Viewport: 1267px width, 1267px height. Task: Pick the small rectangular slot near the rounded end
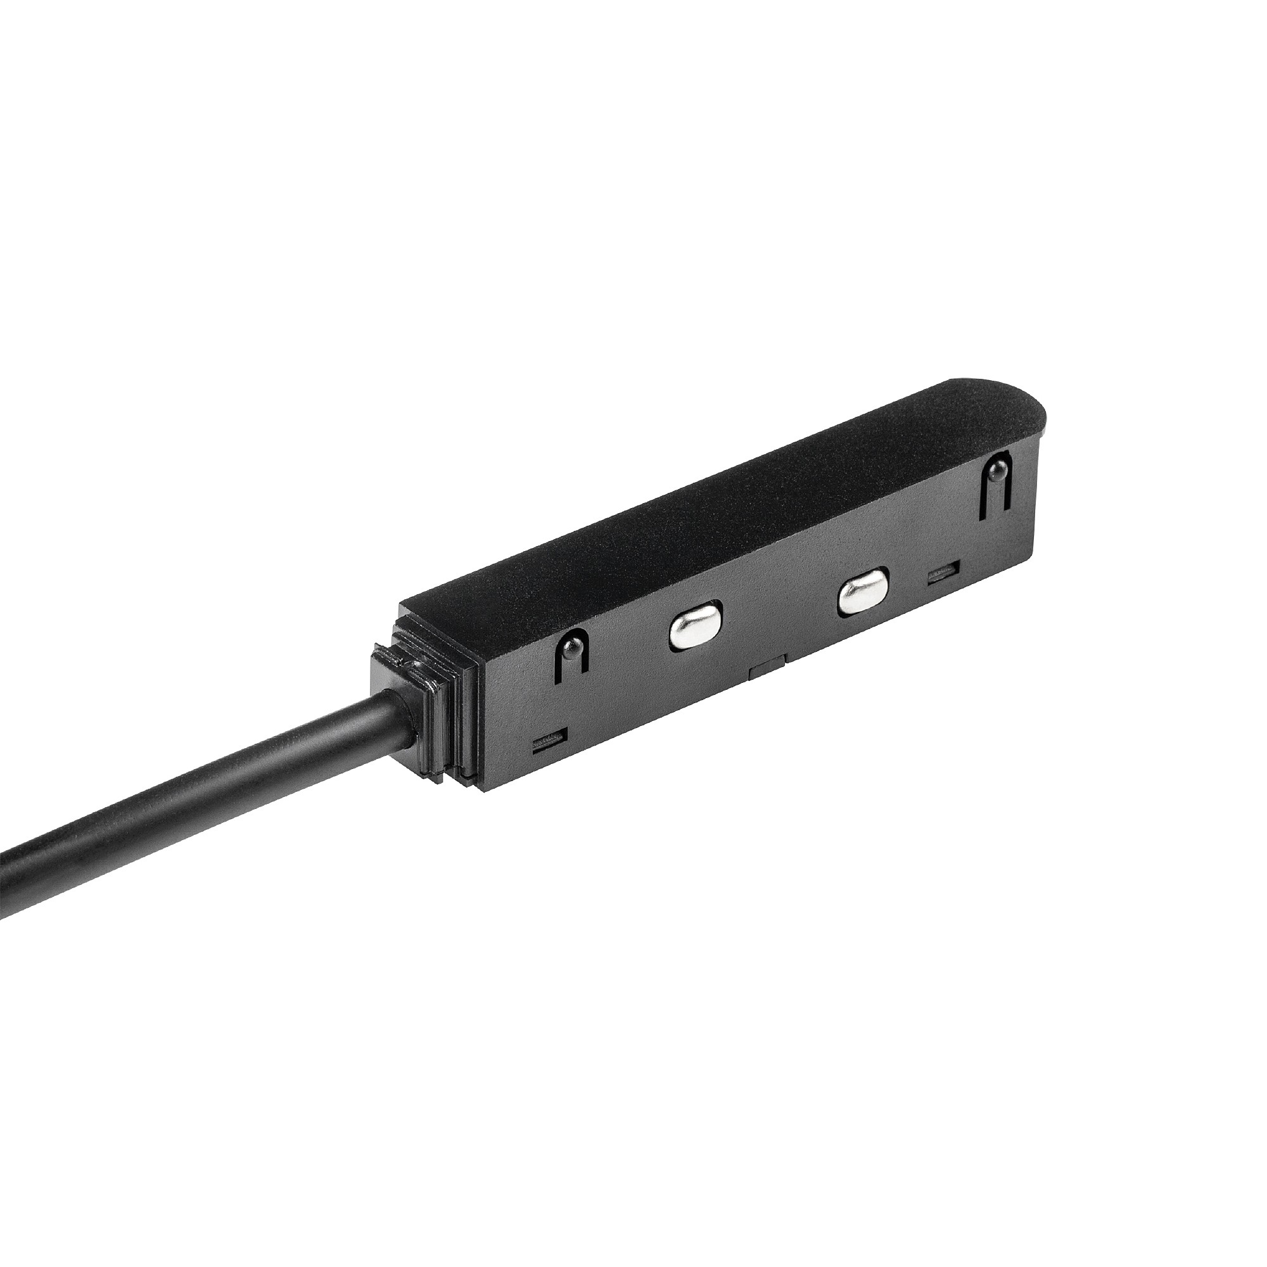[x=943, y=572]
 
